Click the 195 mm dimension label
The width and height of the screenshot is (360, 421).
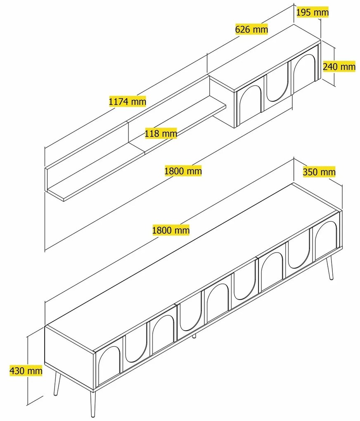313,12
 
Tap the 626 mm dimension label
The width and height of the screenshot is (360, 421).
252,29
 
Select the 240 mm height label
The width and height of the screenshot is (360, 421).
339,66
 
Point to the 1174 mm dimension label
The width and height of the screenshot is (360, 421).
128,102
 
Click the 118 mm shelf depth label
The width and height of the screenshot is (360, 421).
161,133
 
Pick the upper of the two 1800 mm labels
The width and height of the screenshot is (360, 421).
183,171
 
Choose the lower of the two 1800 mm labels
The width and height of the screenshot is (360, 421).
171,230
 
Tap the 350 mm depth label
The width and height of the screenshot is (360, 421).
319,172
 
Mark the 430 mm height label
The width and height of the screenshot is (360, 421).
26,371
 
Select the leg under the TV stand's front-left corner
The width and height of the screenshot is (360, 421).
93,404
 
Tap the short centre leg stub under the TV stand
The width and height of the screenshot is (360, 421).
194,336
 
